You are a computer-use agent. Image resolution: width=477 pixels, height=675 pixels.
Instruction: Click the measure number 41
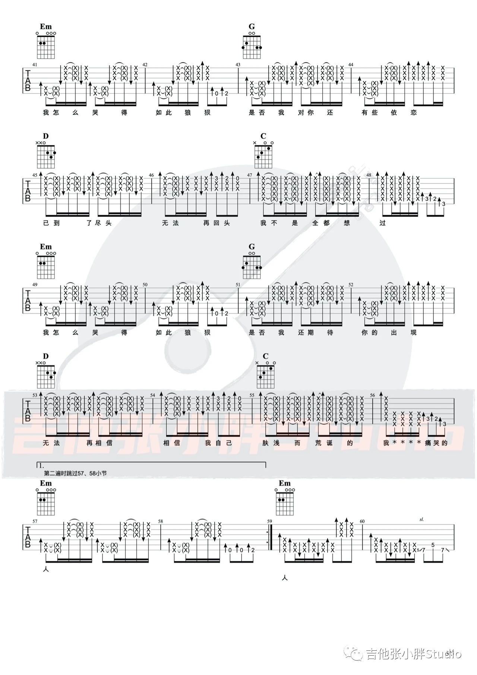[35, 65]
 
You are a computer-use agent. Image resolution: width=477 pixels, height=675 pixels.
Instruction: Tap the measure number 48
[369, 175]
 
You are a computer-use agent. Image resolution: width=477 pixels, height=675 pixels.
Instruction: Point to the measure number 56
[372, 395]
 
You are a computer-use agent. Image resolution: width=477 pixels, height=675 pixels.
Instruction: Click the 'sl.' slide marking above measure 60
[421, 519]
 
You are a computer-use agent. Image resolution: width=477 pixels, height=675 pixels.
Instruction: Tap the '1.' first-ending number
[41, 465]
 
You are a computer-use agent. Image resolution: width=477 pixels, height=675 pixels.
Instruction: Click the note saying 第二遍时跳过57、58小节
[75, 473]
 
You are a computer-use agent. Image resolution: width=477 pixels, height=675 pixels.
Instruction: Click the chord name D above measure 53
[46, 357]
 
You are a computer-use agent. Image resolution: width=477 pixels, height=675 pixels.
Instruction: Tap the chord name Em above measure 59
[284, 483]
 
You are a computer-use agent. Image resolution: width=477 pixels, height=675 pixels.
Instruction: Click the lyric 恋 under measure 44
[413, 113]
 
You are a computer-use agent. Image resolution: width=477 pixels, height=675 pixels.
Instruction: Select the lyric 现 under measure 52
[413, 333]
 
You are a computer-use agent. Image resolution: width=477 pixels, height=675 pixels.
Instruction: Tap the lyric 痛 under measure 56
[427, 443]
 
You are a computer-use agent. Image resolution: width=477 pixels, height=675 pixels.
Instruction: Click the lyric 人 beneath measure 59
[285, 578]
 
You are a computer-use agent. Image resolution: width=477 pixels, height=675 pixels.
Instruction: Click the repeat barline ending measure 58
[270, 540]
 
